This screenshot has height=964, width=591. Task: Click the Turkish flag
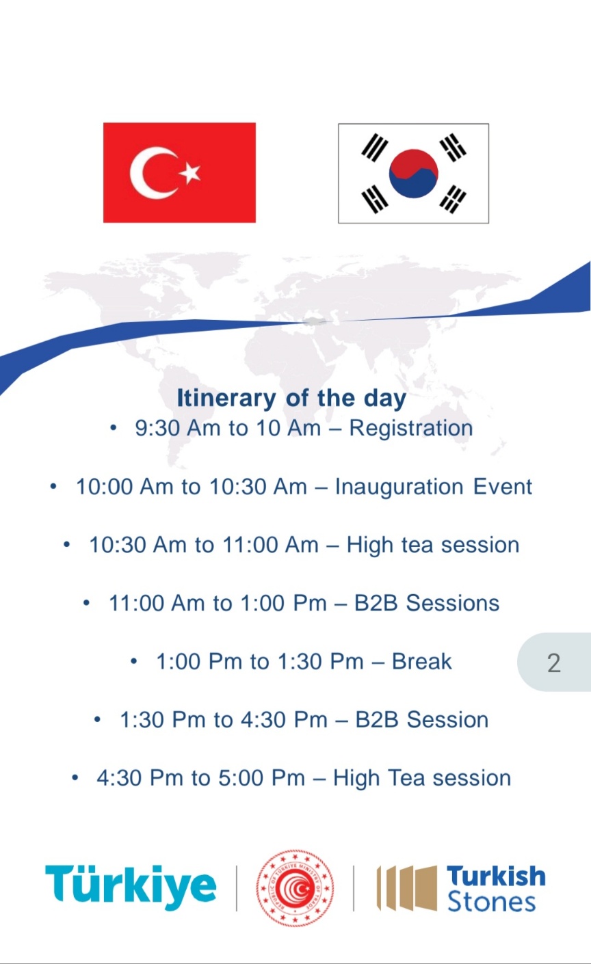179,172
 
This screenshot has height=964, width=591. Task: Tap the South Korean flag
413,174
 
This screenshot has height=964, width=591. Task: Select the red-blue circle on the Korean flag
414,174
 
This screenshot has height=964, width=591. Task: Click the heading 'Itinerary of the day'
292,398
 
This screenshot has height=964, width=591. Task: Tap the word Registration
411,428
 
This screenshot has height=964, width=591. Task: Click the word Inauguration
399,487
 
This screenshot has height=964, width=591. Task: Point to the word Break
422,661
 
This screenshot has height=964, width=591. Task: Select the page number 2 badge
554,662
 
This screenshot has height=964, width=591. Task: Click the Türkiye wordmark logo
131,887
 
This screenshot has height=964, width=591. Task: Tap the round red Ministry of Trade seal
295,888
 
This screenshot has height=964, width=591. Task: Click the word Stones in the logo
492,902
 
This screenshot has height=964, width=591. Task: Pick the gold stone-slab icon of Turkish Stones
407,888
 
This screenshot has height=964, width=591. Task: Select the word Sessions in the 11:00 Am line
453,603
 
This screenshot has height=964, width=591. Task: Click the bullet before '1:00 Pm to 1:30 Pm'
134,661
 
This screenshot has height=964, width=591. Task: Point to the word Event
503,487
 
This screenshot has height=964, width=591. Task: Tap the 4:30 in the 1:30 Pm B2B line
262,720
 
